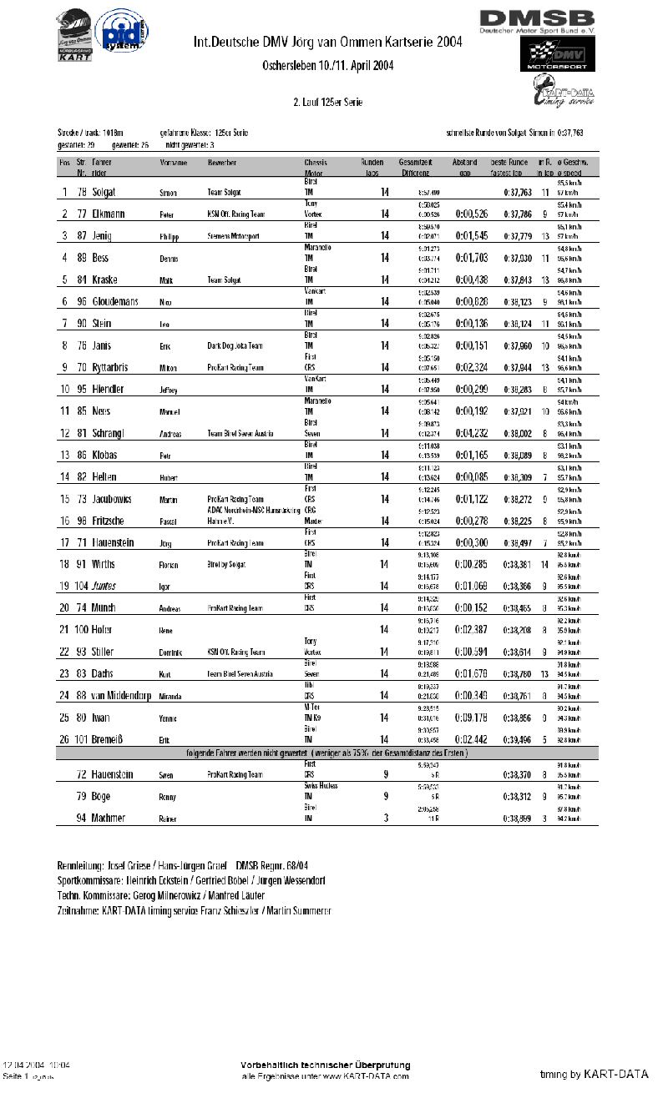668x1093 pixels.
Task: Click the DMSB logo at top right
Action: click(537, 22)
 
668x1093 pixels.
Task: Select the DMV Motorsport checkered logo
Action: click(559, 56)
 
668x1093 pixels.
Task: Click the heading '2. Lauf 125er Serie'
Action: click(327, 102)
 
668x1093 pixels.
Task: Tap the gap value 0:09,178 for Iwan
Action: click(472, 718)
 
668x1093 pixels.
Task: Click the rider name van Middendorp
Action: click(121, 696)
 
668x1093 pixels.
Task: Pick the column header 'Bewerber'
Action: click(222, 162)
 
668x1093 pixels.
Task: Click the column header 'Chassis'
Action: click(316, 162)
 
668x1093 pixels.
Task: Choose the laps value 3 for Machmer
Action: click(385, 818)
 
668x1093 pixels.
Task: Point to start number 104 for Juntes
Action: click(81, 586)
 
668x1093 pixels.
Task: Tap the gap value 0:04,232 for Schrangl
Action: click(472, 433)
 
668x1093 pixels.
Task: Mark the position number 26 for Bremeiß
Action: click(64, 739)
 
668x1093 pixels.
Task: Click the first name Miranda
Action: click(172, 697)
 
